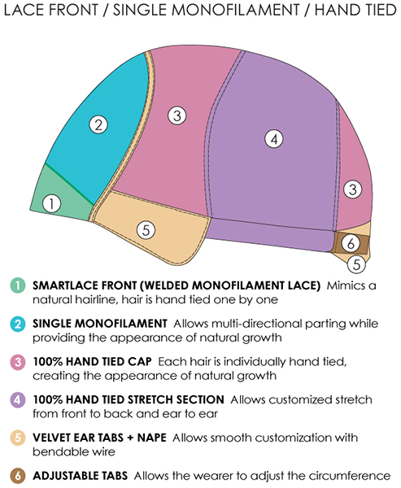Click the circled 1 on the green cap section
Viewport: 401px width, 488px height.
tap(52, 204)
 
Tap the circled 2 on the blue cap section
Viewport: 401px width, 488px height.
tap(98, 124)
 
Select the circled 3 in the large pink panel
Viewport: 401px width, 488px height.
tap(177, 116)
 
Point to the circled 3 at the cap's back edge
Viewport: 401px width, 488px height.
tap(353, 190)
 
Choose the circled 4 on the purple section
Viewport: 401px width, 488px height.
tap(274, 139)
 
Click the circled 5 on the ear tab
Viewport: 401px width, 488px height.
tap(146, 230)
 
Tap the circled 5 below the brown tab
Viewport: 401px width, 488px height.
tap(356, 264)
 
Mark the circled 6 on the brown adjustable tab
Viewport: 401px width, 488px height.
tap(351, 243)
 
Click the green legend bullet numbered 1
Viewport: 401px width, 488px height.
tap(18, 285)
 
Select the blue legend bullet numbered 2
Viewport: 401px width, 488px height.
tap(18, 324)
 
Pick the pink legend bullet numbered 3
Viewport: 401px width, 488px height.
tap(18, 362)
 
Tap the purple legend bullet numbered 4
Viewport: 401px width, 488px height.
tap(18, 399)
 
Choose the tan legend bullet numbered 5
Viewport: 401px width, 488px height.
tap(18, 438)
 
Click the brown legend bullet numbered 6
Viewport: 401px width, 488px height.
tap(18, 476)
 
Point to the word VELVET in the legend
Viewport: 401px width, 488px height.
tap(52, 438)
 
